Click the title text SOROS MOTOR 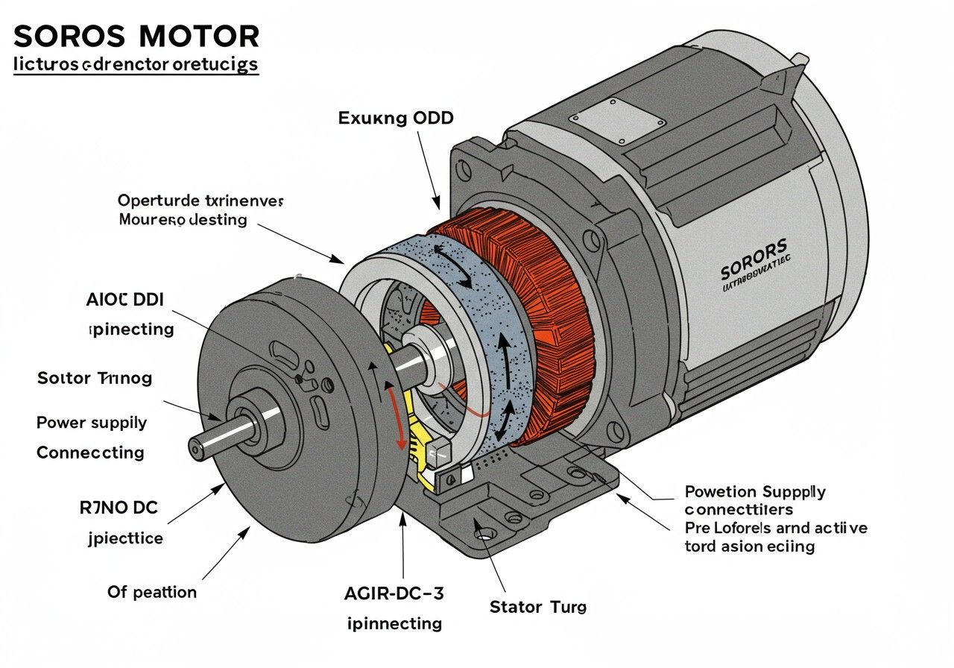point(136,36)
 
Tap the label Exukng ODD point(396,118)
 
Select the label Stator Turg point(537,607)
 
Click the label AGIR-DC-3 point(395,593)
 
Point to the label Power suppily point(92,423)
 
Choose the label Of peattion point(152,592)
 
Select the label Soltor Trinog point(95,378)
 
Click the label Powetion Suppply point(754,492)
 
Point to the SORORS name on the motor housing point(753,268)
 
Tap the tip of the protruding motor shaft point(195,447)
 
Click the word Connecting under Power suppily point(90,453)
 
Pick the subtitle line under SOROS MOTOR point(136,64)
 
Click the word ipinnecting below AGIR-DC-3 point(395,623)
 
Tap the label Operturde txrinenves point(200,201)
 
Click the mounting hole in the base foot point(484,535)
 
